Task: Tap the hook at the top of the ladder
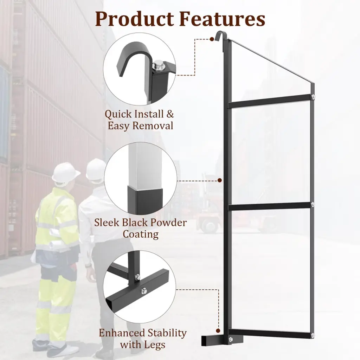220,34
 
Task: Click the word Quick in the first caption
118,114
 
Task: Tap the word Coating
141,234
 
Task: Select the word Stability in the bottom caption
167,333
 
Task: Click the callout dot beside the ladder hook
212,39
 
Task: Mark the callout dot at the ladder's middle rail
220,180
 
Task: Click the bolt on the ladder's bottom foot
230,339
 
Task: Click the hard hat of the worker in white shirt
96,169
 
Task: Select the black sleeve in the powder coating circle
145,200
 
